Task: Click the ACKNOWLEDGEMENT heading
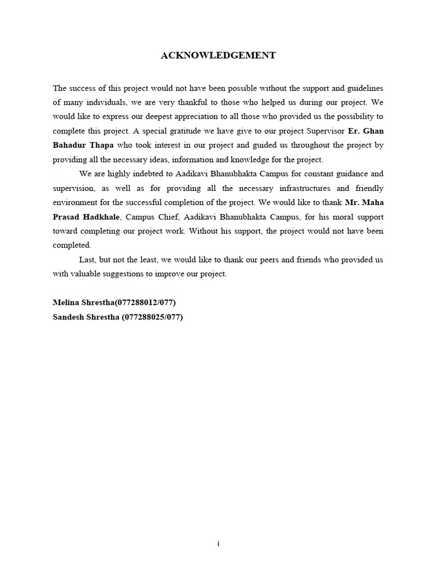coord(218,55)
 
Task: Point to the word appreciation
coord(220,117)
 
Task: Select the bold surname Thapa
coord(101,145)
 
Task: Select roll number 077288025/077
coord(151,317)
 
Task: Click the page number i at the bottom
coord(218,544)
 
